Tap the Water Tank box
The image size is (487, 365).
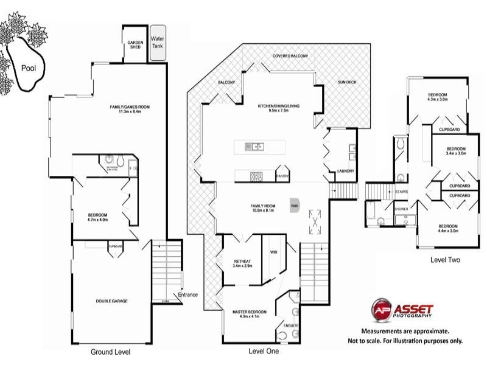[x=158, y=42]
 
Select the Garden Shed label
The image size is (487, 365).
[x=135, y=44]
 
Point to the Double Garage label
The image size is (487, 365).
[x=111, y=301]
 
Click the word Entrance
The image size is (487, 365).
[x=188, y=295]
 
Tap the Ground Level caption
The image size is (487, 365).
[x=110, y=352]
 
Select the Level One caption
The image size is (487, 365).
[x=264, y=351]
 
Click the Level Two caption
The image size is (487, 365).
[x=445, y=260]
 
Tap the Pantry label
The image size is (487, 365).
[x=282, y=176]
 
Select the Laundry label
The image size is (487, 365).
[x=345, y=171]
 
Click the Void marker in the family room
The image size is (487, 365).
[x=295, y=206]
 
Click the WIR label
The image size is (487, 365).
[x=273, y=251]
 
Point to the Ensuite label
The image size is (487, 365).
[x=291, y=325]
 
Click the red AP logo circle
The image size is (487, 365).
[x=382, y=308]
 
